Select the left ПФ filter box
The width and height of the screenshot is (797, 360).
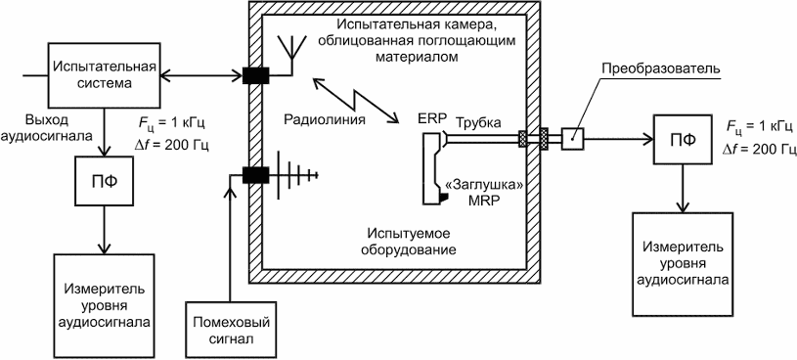(x=105, y=183)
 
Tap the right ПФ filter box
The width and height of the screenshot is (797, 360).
(x=683, y=138)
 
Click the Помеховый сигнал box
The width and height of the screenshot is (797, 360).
(x=230, y=330)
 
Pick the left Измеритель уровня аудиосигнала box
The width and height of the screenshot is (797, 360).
(x=105, y=305)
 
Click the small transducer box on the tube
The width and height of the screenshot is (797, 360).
(x=573, y=138)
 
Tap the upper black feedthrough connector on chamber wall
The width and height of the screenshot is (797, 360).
(x=255, y=75)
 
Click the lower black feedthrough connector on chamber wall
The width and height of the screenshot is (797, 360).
(x=255, y=175)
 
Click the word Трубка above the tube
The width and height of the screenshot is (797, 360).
(x=477, y=122)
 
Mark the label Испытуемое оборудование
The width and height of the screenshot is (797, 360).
(x=411, y=243)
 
